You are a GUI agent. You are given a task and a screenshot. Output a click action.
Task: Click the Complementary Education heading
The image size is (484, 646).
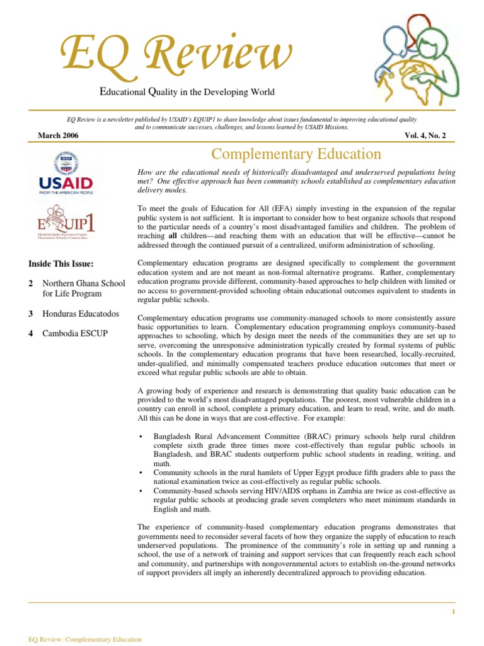(x=296, y=154)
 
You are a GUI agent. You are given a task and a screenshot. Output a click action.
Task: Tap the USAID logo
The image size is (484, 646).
(x=67, y=173)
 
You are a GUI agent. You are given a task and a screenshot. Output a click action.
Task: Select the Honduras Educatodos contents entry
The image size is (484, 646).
(x=80, y=314)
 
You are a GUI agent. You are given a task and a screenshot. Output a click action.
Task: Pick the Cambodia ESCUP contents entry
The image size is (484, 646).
(x=74, y=333)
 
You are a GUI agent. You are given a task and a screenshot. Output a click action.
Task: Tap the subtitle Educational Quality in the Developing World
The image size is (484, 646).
(x=188, y=92)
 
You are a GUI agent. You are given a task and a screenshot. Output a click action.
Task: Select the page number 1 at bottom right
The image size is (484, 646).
(x=453, y=612)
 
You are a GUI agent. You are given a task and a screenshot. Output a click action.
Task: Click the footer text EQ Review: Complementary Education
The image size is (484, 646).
(x=85, y=639)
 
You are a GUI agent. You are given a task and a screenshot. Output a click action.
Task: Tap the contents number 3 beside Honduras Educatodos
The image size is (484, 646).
(x=31, y=314)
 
